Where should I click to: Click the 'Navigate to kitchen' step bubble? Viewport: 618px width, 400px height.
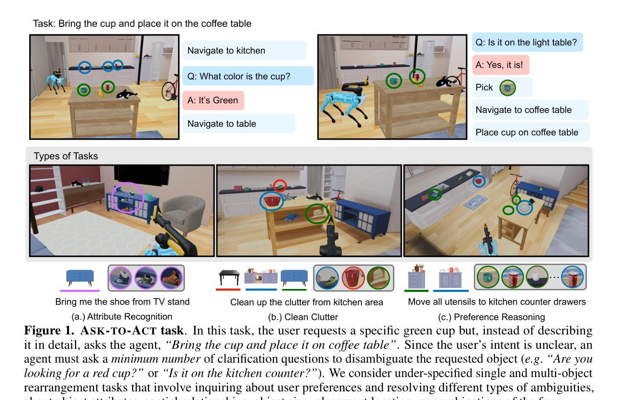pyautogui.click(x=244, y=51)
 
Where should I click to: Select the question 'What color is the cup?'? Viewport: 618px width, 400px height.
pyautogui.click(x=247, y=76)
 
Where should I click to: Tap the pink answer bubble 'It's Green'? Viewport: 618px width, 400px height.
pyautogui.click(x=213, y=100)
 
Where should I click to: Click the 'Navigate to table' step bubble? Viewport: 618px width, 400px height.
pyautogui.click(x=238, y=124)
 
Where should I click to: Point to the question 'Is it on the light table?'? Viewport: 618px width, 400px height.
pyautogui.click(x=527, y=43)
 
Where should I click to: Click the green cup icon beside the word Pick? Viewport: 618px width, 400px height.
pyautogui.click(x=507, y=88)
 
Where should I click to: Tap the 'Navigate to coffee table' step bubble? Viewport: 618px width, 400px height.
pyautogui.click(x=530, y=110)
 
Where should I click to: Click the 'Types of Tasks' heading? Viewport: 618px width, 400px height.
pyautogui.click(x=66, y=156)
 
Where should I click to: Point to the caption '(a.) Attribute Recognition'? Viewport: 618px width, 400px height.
pyautogui.click(x=122, y=317)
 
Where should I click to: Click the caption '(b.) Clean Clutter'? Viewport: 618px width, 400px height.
pyautogui.click(x=303, y=317)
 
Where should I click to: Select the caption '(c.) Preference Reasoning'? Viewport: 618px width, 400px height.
pyautogui.click(x=491, y=317)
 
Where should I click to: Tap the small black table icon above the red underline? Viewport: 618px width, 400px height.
pyautogui.click(x=229, y=278)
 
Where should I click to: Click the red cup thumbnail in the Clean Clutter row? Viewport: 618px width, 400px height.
pyautogui.click(x=353, y=278)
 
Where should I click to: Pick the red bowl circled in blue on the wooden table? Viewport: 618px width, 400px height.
pyautogui.click(x=271, y=201)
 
